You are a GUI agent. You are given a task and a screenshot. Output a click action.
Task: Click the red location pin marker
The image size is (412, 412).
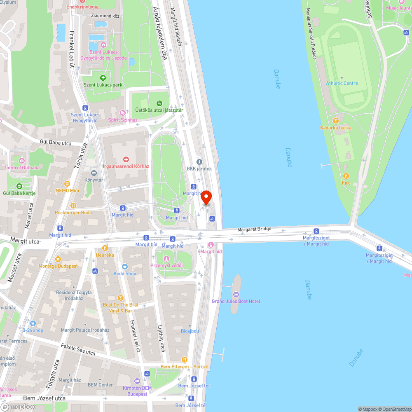point(206,198)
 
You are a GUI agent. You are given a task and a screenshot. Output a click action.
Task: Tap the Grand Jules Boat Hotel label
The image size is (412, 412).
point(236,301)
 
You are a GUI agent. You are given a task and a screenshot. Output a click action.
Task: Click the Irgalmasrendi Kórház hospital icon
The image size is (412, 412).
point(126,159)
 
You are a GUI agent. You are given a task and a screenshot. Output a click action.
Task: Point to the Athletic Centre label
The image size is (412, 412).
point(342,83)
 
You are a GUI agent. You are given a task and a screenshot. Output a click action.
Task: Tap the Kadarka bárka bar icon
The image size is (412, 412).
point(336,121)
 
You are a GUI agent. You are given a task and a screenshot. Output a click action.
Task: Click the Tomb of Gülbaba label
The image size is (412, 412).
point(22,168)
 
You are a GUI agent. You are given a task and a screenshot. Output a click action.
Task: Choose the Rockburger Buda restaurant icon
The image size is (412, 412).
point(73,205)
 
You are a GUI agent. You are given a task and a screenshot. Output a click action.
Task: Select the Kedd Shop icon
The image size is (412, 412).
point(125,266)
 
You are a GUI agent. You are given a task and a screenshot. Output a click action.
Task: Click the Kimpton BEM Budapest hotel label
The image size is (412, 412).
point(137,391)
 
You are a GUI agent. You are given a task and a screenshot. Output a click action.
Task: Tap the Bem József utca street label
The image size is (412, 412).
point(44,398)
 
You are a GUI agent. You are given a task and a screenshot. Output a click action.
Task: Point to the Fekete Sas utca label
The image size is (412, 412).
point(78,350)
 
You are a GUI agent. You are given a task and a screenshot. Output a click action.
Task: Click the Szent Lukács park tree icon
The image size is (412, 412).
point(103,77)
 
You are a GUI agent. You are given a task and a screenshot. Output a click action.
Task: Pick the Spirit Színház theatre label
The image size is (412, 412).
point(122,120)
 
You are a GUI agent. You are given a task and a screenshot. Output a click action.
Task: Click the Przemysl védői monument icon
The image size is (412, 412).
point(166,258)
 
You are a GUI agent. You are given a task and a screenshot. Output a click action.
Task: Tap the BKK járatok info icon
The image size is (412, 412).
point(199,162)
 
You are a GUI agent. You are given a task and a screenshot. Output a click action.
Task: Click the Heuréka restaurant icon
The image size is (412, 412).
point(105,248)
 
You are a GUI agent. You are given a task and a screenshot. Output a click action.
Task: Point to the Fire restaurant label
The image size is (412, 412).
point(346,183)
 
